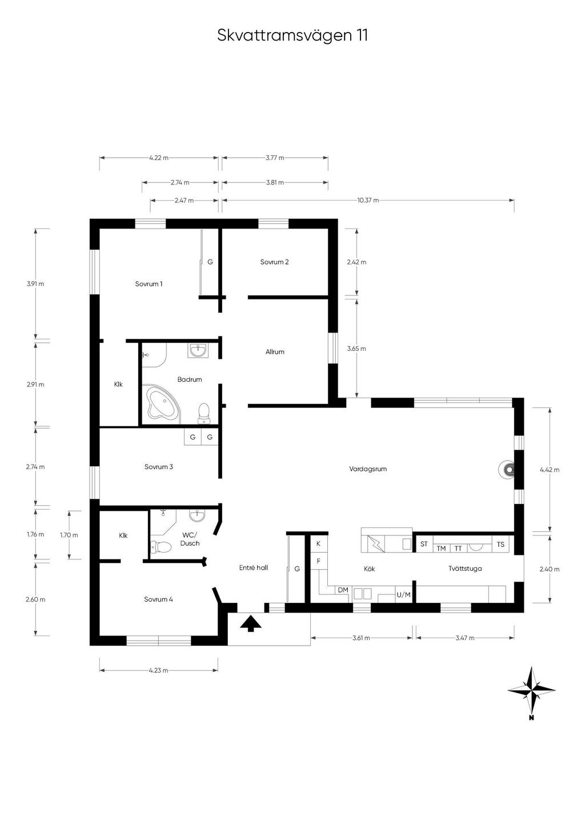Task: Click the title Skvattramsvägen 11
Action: pyautogui.click(x=292, y=36)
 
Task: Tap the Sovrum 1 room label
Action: pyautogui.click(x=149, y=284)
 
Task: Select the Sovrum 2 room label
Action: pyautogui.click(x=274, y=262)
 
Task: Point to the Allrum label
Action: pyautogui.click(x=275, y=352)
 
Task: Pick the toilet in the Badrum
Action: pyautogui.click(x=203, y=413)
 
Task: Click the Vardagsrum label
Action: pyautogui.click(x=368, y=469)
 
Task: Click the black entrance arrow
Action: pyautogui.click(x=251, y=623)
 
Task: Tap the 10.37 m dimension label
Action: pyautogui.click(x=368, y=201)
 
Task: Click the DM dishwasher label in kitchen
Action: pyautogui.click(x=343, y=590)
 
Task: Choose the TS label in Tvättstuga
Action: pyautogui.click(x=500, y=544)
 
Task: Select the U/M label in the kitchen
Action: pyautogui.click(x=403, y=595)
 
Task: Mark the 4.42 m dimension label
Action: pyautogui.click(x=550, y=470)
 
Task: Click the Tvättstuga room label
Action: pyautogui.click(x=465, y=569)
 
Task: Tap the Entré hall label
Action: pyautogui.click(x=254, y=567)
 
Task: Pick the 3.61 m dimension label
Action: pyautogui.click(x=361, y=638)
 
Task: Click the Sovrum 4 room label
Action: pyautogui.click(x=159, y=599)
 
